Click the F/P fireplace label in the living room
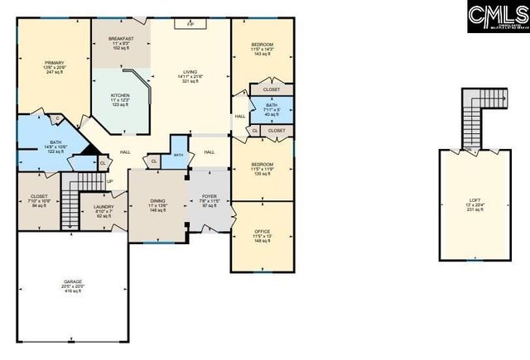[190, 25]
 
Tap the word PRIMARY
[55, 62]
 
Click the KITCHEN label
[120, 95]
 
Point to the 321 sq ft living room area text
[190, 82]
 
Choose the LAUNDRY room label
[104, 207]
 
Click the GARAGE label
[73, 281]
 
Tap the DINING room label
[157, 200]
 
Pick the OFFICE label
[262, 231]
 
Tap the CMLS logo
[496, 14]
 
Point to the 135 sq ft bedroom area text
[262, 175]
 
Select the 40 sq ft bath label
[272, 114]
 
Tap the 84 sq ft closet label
[39, 205]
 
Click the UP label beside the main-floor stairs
[109, 182]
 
